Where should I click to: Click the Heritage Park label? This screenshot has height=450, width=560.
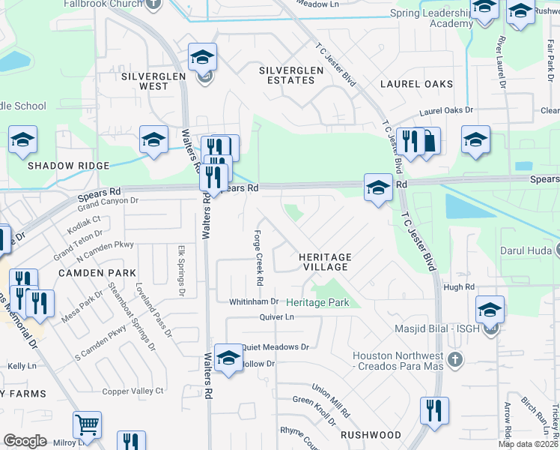click(x=318, y=302)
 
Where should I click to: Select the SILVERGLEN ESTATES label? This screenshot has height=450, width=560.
click(x=291, y=75)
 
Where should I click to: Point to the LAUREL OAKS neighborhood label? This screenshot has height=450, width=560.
click(x=416, y=84)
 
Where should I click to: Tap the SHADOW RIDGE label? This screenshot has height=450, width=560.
click(x=67, y=165)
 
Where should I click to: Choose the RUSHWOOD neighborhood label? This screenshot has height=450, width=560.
click(x=371, y=435)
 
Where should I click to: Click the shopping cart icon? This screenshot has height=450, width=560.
click(x=87, y=424)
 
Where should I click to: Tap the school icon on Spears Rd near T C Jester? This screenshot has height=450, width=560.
click(x=378, y=187)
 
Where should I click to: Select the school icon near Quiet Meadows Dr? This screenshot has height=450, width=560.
click(x=228, y=357)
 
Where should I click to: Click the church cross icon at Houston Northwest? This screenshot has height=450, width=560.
click(x=454, y=361)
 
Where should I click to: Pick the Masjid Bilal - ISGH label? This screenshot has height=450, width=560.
click(x=438, y=328)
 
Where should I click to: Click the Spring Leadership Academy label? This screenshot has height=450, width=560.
click(x=431, y=19)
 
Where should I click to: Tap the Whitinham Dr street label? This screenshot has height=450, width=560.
click(x=254, y=301)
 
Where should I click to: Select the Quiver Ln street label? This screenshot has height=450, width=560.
click(x=278, y=317)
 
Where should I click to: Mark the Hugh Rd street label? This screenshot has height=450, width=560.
click(x=459, y=287)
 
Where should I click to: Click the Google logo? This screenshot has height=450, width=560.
click(x=25, y=441)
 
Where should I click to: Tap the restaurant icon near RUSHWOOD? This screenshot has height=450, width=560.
click(x=434, y=410)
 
